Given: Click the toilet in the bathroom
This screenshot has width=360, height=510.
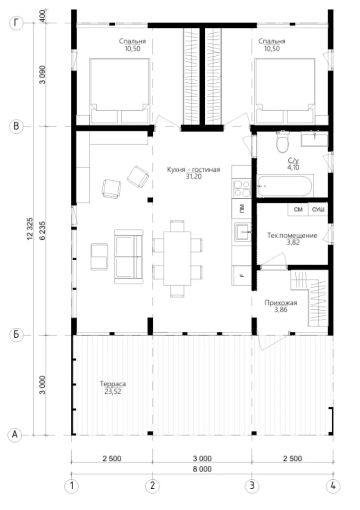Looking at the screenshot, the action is click(282, 142).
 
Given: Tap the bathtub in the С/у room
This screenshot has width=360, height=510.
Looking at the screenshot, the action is click(285, 186).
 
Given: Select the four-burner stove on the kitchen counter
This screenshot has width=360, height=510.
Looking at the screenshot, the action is click(242, 188).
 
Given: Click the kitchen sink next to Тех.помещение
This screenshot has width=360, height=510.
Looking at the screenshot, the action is click(242, 232).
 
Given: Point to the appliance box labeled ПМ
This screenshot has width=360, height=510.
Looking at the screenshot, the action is click(242, 209).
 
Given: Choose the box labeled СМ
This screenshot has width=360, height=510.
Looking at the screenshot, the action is click(298, 210).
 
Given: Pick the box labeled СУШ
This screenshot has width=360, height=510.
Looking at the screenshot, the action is click(318, 210).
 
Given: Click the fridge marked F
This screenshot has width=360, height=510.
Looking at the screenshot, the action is click(242, 276).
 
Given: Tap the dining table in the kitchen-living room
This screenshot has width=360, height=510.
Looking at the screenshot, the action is click(177, 258).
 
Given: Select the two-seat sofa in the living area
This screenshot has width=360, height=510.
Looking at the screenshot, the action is click(128, 256).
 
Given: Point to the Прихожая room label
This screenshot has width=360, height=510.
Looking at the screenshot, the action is click(281, 303).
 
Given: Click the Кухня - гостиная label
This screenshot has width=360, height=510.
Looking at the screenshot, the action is click(193, 170).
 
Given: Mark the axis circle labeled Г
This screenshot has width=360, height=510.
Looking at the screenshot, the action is click(16, 24).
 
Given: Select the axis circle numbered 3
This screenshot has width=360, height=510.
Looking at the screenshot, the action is click(252, 486).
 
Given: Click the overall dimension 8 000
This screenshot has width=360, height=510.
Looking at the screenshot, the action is click(202, 469).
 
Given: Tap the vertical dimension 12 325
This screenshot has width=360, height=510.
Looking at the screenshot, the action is click(30, 229).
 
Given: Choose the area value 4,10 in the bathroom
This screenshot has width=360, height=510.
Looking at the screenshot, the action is click(293, 168).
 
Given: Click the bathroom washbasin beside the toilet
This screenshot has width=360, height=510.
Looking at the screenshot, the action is click(314, 138).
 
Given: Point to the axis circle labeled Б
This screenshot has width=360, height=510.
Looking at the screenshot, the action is click(16, 335).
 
